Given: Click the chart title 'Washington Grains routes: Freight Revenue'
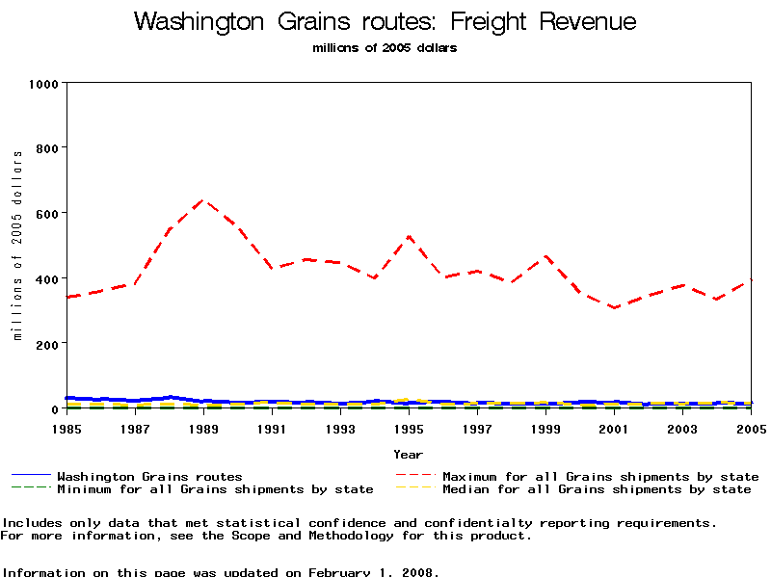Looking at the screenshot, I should click(385, 21).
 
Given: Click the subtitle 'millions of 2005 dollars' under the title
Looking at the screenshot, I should click(385, 48).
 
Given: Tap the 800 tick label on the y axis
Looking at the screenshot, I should click(46, 147).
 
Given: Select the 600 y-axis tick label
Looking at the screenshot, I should click(46, 213).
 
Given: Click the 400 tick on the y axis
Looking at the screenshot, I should click(46, 278).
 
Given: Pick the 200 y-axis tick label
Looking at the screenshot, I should click(46, 344).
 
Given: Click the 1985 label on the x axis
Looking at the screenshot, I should click(66, 427).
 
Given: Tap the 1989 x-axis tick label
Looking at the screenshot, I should click(203, 427).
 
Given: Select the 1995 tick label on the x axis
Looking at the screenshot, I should click(409, 427).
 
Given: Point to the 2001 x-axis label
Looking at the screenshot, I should click(614, 427).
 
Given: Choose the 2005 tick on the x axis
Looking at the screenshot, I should click(750, 427).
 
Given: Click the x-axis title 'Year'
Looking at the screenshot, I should click(408, 454).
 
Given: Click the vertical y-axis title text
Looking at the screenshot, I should click(17, 246).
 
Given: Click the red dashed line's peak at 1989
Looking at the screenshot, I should click(203, 200).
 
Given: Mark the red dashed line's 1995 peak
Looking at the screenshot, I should click(409, 236).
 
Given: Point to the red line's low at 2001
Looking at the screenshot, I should click(614, 307).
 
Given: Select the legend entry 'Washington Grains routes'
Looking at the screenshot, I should click(149, 476).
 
